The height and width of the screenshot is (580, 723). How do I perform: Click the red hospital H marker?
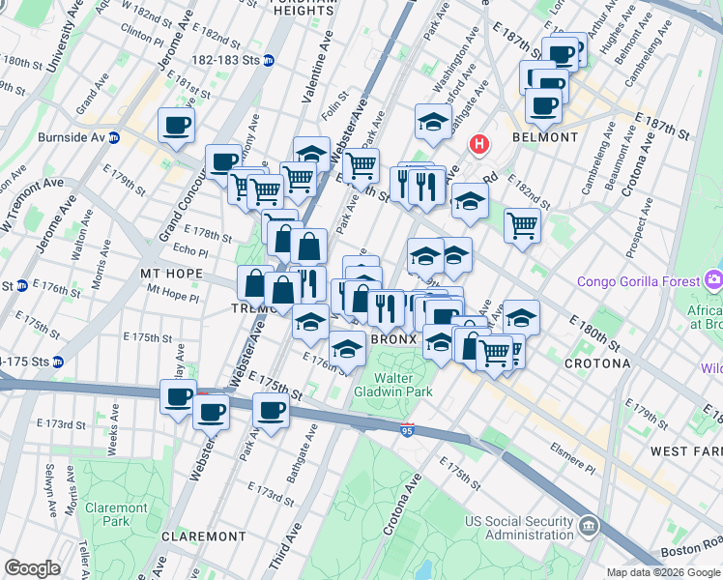coord(477,145)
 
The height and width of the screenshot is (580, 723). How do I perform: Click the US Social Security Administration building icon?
coord(588,527)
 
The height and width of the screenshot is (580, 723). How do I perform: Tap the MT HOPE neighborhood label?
coord(171,274)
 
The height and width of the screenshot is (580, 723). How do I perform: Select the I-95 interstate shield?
coord(407,426)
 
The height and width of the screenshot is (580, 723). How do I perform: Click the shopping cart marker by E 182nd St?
coord(522,226)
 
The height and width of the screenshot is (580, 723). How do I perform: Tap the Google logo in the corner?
coord(31,568)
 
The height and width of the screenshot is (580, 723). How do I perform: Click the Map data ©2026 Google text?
coord(664,572)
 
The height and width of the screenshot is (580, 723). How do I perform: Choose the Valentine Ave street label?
coord(315,77)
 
